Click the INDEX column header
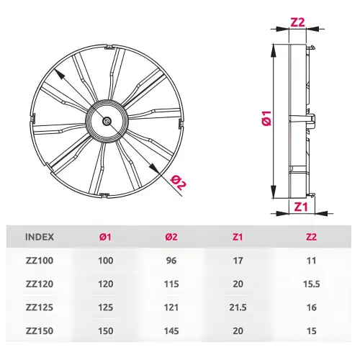[40, 237]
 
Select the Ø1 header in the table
[105, 237]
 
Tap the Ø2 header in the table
[171, 237]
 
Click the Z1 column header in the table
[238, 237]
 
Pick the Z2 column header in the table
[311, 237]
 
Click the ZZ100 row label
[40, 261]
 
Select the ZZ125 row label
[40, 307]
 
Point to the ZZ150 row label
[40, 331]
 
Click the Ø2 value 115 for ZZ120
[171, 284]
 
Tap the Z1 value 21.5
[238, 307]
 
